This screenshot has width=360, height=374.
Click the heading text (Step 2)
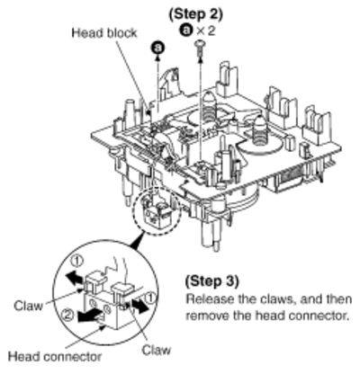click(196, 14)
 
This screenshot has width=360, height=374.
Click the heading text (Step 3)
click(212, 280)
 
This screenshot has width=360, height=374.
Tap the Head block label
click(104, 32)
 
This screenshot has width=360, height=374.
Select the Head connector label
click(55, 356)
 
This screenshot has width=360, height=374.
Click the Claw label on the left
click(28, 306)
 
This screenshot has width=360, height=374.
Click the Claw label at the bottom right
click(157, 350)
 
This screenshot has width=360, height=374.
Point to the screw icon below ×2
click(199, 48)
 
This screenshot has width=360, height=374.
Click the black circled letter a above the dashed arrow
click(158, 48)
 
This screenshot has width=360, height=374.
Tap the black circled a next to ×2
click(186, 30)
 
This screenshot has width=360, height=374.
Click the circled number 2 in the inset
click(68, 315)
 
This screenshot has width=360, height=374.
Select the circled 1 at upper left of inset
click(77, 262)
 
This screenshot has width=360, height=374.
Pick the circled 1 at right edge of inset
click(150, 298)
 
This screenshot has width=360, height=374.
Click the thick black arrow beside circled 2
click(88, 316)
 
